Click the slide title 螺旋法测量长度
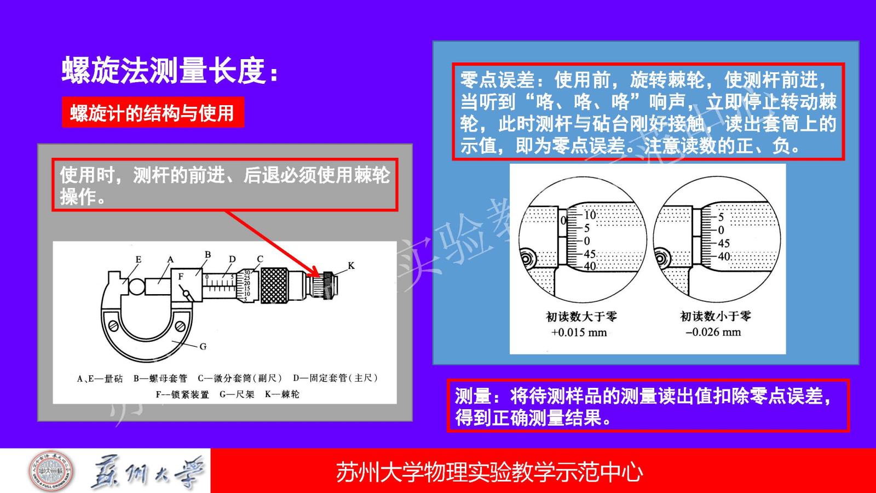click(164, 71)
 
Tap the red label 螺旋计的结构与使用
click(153, 113)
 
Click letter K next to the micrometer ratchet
click(351, 266)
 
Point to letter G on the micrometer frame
click(203, 346)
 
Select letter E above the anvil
click(139, 259)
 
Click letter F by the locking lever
click(181, 277)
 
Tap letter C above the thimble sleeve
click(260, 259)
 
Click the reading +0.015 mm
click(579, 333)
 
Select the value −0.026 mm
click(713, 332)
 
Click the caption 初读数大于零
click(581, 316)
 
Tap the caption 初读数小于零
click(715, 316)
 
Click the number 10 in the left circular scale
click(590, 215)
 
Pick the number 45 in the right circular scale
click(724, 243)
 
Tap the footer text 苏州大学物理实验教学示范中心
click(489, 472)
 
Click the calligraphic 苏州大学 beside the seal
click(148, 472)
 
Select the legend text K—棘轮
click(282, 394)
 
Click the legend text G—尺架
click(237, 394)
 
